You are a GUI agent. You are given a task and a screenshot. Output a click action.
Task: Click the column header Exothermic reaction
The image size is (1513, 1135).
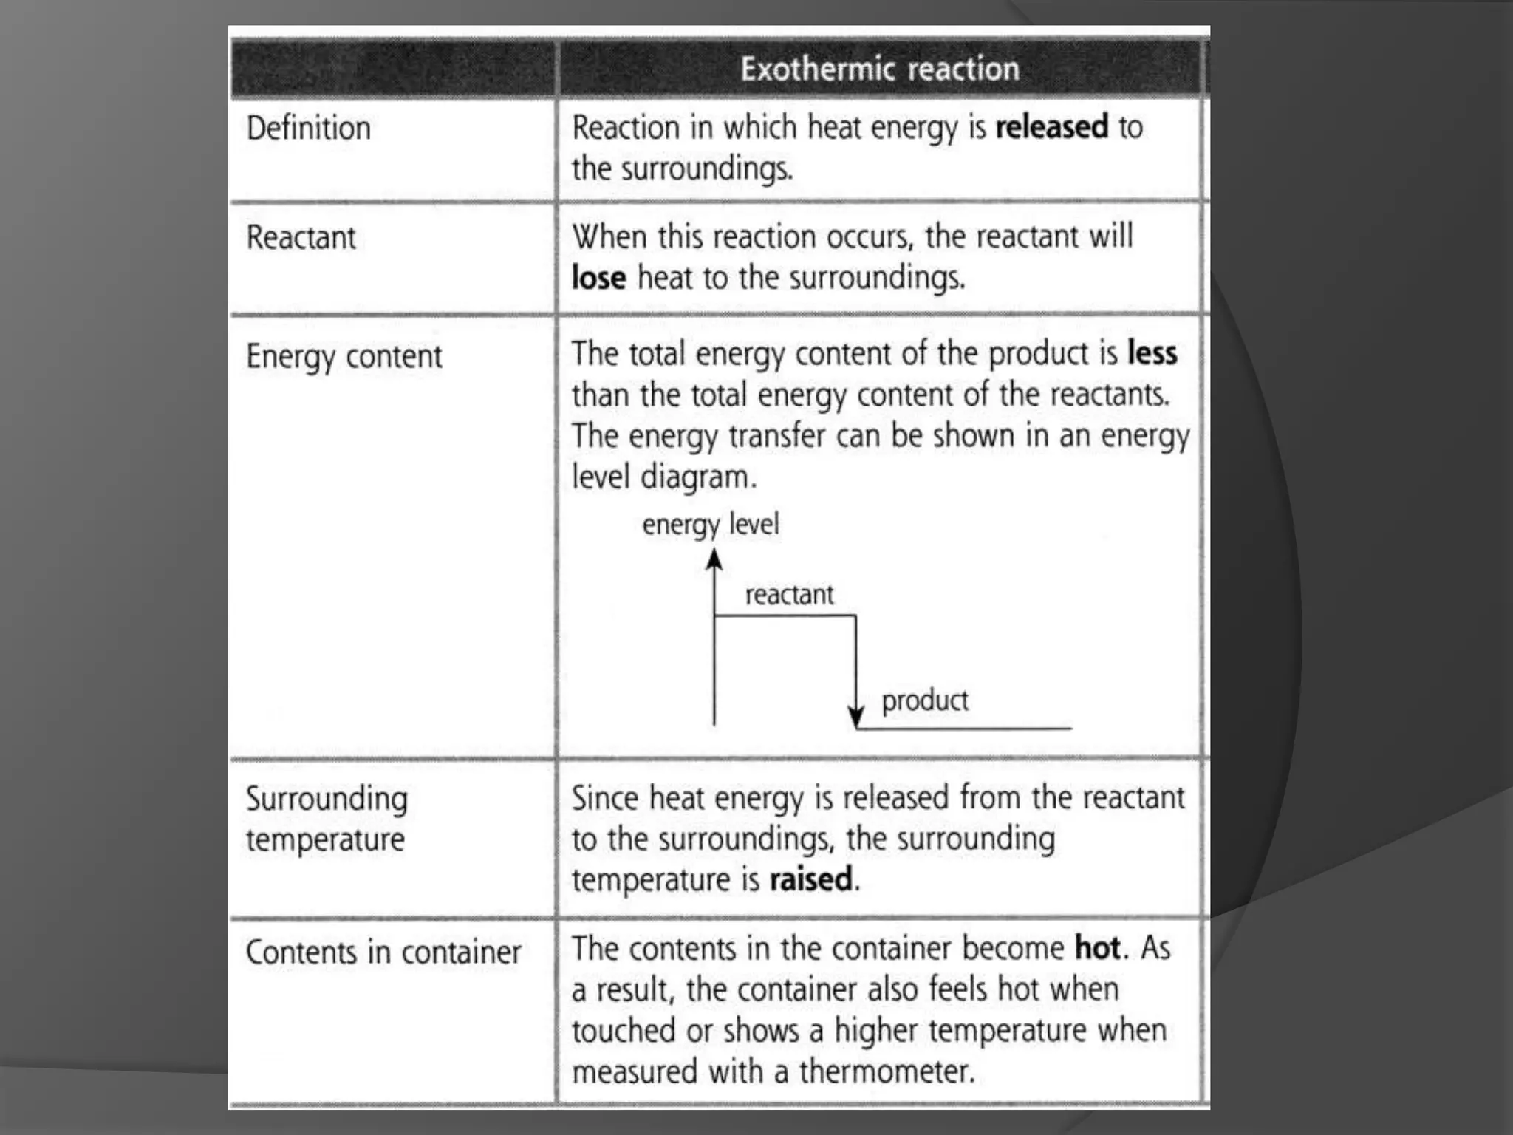pos(879,69)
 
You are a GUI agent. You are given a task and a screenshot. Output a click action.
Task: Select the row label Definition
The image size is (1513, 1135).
pos(308,129)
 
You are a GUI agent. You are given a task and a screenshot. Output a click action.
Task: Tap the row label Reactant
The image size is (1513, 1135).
pos(301,238)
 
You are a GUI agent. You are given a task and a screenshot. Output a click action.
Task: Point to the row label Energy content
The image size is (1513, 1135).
pos(344,357)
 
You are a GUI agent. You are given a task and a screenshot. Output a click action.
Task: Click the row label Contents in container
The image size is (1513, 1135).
pos(383,952)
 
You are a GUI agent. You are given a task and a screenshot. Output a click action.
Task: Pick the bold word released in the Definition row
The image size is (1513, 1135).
pos(1051,127)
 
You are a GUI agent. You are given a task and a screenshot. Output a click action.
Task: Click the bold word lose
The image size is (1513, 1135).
pos(598,279)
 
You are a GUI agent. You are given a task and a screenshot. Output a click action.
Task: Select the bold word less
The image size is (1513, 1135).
pos(1152,353)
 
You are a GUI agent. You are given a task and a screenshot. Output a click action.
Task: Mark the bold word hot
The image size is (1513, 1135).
pos(1097,948)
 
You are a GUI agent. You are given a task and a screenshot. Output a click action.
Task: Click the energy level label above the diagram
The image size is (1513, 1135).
pos(710,525)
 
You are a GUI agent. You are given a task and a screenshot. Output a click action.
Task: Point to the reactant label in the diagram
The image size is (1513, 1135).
pos(789,595)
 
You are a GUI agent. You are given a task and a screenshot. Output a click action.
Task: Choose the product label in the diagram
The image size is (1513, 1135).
pos(924,701)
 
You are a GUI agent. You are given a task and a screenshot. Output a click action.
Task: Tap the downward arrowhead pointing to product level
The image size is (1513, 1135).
pos(855,715)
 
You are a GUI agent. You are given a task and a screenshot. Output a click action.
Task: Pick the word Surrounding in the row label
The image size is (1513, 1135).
pos(327,800)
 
